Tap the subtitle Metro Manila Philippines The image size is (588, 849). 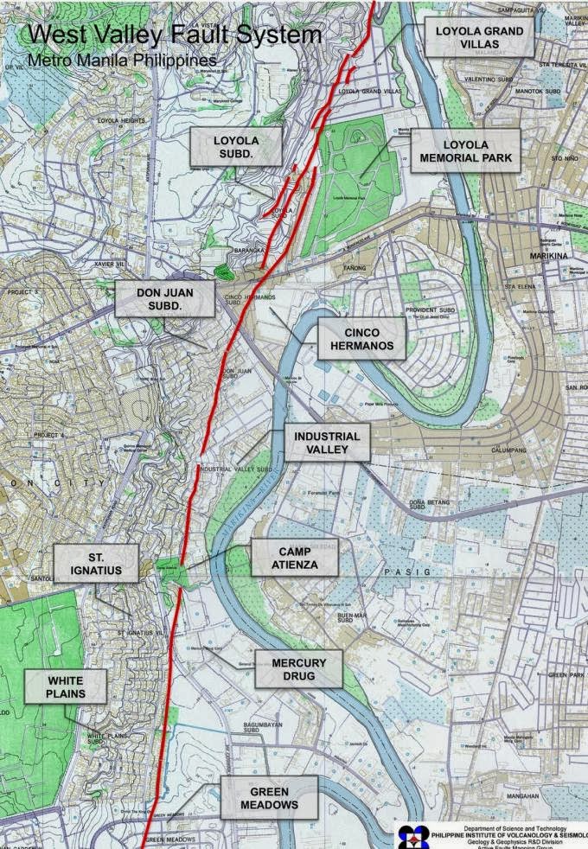122,61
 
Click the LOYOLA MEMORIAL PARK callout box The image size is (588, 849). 465,151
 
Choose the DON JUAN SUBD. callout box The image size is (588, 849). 164,299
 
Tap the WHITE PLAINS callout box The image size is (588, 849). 65,687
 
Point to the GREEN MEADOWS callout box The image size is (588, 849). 268,798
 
